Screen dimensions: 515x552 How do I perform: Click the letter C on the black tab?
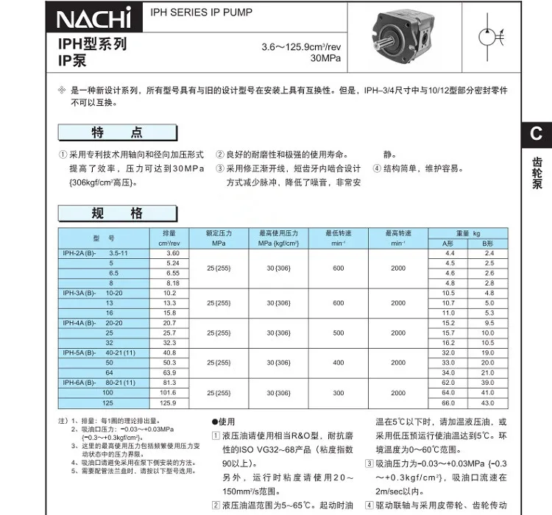point(537,133)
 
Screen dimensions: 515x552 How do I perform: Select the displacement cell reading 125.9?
point(169,403)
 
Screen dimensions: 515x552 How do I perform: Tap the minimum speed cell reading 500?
point(338,333)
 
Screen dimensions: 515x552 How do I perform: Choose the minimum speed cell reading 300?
point(338,393)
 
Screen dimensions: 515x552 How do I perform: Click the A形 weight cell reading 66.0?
point(448,403)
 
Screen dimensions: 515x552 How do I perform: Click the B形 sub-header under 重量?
point(486,243)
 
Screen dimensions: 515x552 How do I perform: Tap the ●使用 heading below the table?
point(224,422)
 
